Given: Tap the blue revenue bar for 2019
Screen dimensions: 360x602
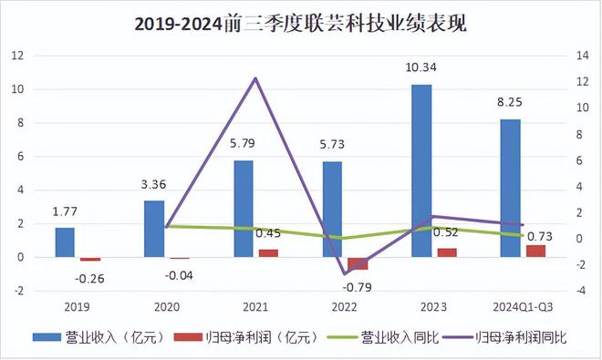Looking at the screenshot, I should point(64,242).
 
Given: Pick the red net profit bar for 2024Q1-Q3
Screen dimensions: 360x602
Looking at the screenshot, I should point(535,251).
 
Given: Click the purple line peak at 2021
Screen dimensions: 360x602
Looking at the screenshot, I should point(255,78).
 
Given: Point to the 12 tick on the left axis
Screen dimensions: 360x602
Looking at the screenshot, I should point(16,57).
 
